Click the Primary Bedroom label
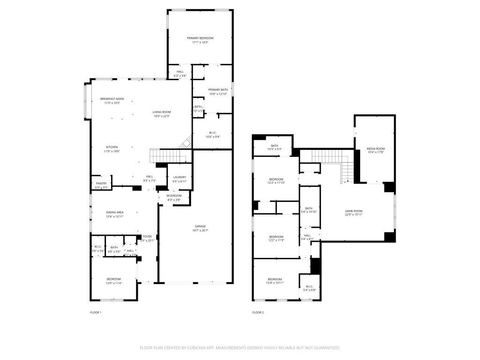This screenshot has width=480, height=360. (200, 38)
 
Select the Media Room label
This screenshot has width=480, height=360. (375, 149)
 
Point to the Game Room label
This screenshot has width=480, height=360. (354, 211)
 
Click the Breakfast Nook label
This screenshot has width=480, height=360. (112, 99)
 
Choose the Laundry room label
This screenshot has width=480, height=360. (180, 177)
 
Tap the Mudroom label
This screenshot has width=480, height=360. (174, 195)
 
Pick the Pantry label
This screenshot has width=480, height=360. (101, 183)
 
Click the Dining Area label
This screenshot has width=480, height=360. (114, 212)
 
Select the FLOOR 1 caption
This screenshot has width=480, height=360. (95, 312)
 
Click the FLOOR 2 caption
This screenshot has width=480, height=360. (258, 312)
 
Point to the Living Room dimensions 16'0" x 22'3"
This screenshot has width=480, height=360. (161, 116)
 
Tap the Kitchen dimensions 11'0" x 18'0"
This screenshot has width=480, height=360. (112, 151)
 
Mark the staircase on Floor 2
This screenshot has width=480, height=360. (330, 159)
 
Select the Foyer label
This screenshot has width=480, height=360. (147, 236)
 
